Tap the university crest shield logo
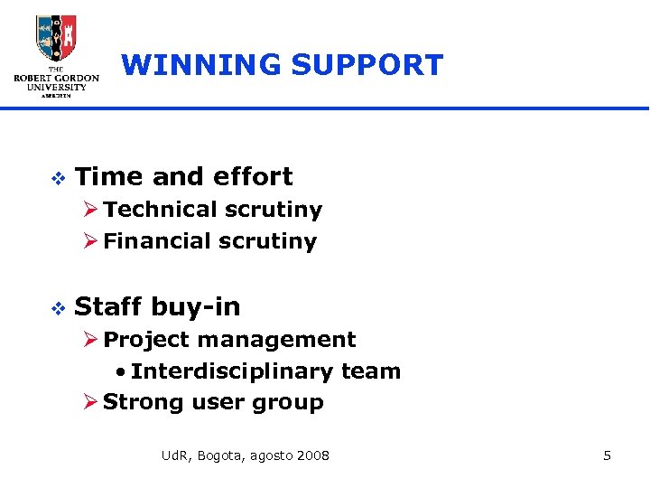click(56, 39)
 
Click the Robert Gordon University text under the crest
click(56, 81)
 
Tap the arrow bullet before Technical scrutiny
click(90, 210)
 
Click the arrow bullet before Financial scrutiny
click(90, 241)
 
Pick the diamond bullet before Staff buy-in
click(56, 308)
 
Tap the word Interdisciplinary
click(233, 371)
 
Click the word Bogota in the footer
click(218, 455)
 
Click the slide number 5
click(607, 455)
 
